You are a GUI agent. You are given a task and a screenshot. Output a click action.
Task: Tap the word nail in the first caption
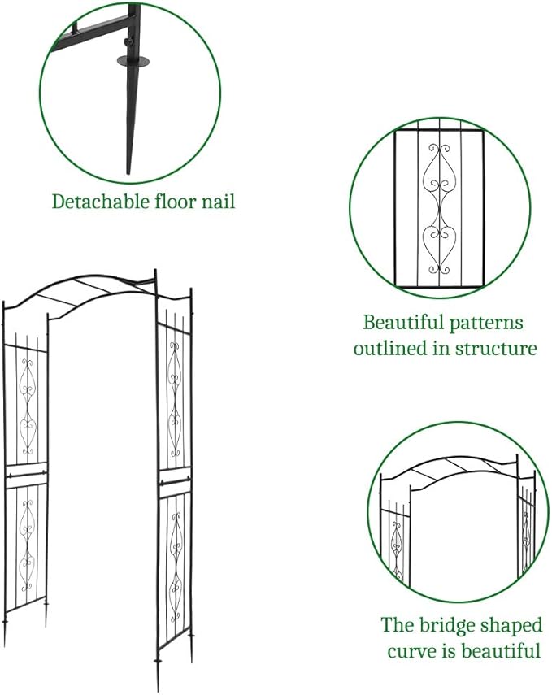[x=217, y=201]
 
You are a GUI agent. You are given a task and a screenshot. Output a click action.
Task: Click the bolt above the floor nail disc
[x=127, y=42]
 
